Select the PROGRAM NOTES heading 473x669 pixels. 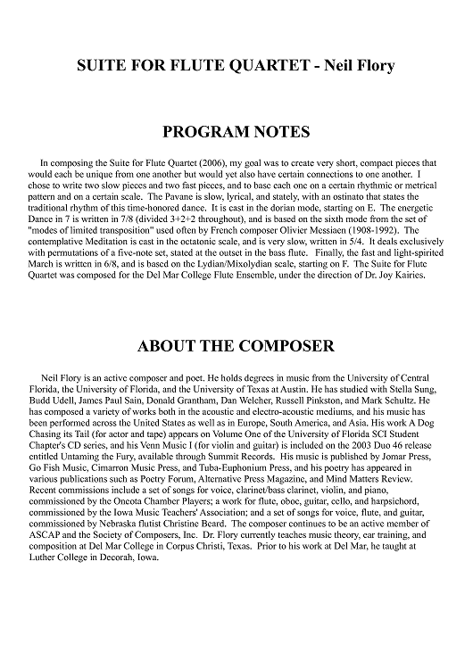pos(236,133)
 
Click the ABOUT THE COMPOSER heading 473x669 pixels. pos(236,345)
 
